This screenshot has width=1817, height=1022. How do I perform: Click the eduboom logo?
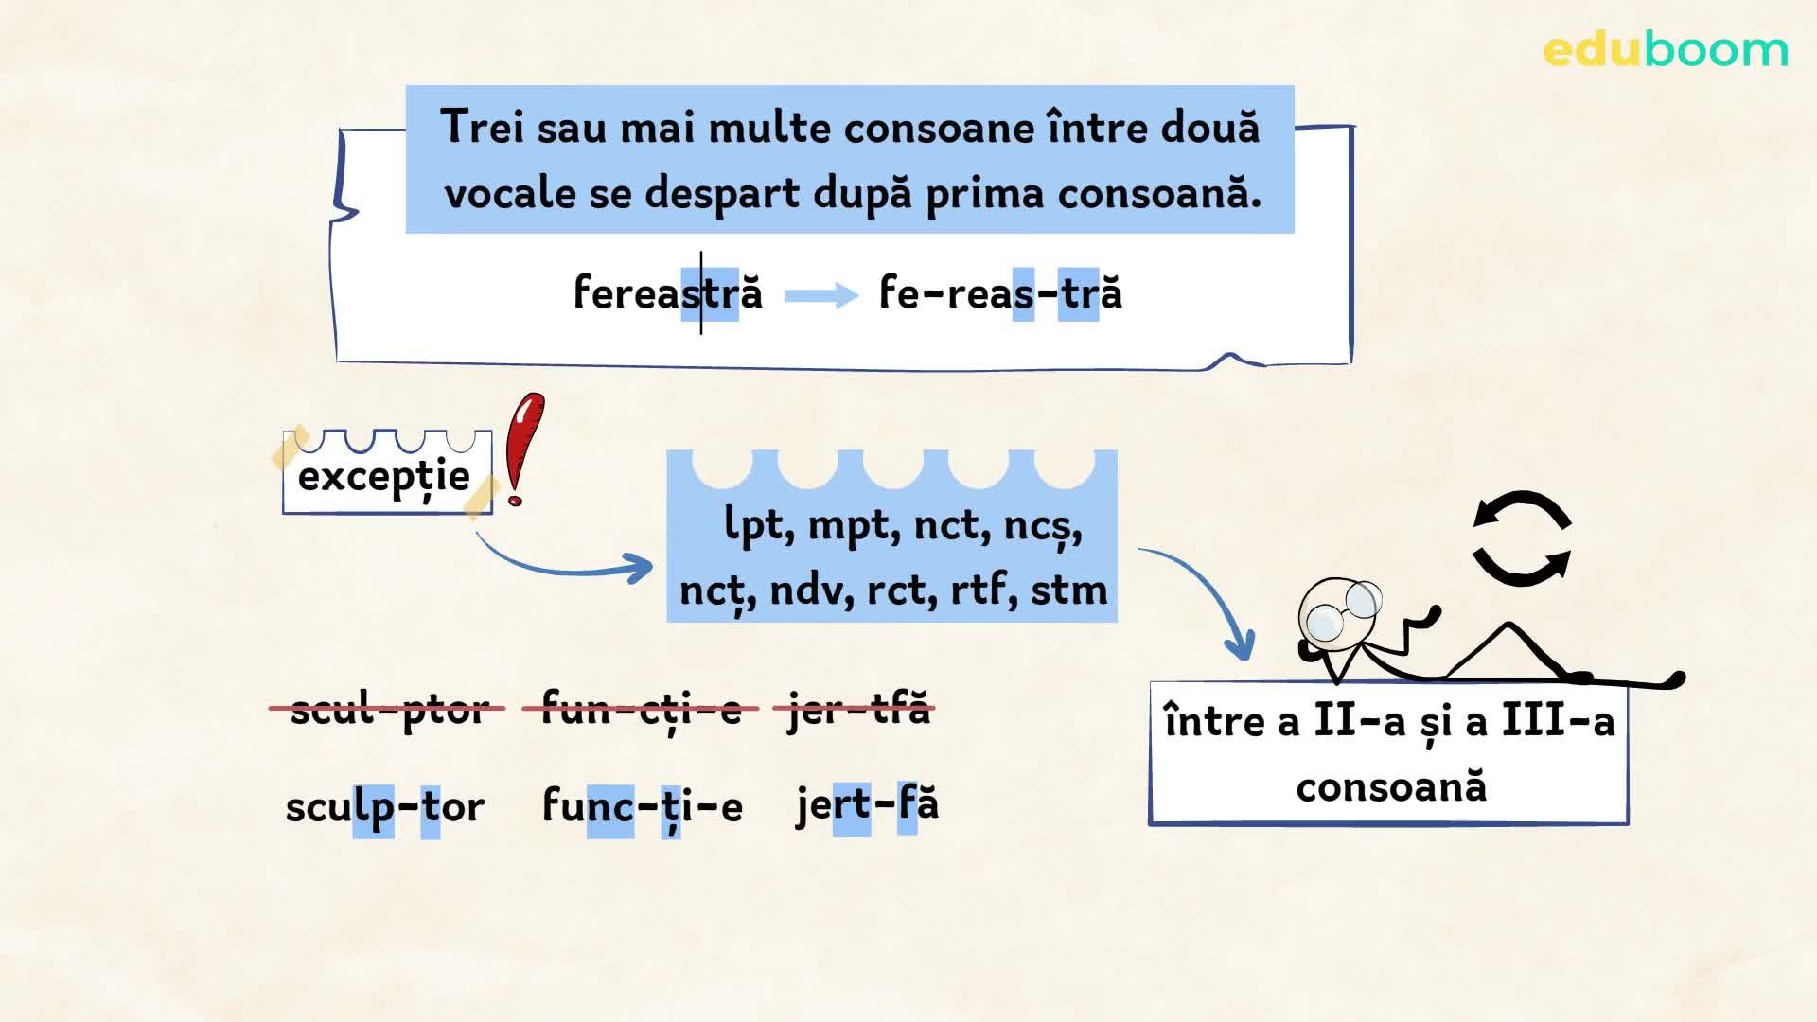(1666, 50)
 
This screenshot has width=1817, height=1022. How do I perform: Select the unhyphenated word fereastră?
(668, 292)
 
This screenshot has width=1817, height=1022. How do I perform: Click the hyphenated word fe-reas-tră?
(1000, 292)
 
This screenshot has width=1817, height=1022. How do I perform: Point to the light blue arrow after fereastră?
(821, 295)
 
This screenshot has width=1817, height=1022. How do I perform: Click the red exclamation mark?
(522, 449)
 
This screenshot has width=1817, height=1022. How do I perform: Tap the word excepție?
(384, 476)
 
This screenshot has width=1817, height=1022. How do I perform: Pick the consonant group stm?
(1068, 589)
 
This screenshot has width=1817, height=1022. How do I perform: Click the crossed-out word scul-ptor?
(388, 708)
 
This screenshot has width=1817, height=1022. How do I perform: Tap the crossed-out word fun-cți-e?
(641, 708)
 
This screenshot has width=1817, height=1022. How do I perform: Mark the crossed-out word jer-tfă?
(856, 708)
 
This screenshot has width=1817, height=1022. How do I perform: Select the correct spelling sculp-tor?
(385, 806)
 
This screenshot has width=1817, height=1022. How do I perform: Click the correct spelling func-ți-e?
(643, 806)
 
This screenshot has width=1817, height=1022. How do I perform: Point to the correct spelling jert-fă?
(868, 804)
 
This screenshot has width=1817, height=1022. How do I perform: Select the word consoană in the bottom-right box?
(1391, 786)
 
